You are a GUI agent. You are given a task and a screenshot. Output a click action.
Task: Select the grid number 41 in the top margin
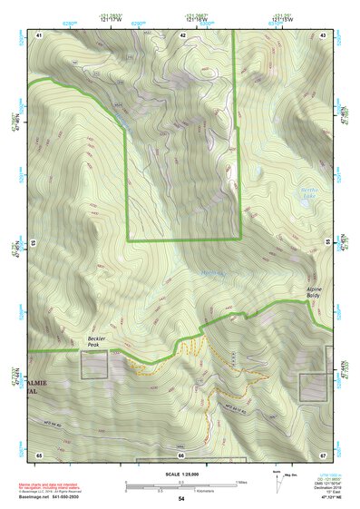39,34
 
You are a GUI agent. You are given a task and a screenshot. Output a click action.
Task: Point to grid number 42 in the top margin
182,34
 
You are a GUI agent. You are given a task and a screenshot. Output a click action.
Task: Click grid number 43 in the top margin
324,34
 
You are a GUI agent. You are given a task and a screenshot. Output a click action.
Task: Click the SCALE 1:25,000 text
181,472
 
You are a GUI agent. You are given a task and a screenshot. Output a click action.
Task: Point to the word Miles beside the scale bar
240,482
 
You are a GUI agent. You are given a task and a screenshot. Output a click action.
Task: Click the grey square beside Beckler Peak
93,365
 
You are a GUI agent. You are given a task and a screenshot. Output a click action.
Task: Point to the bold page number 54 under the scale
181,499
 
